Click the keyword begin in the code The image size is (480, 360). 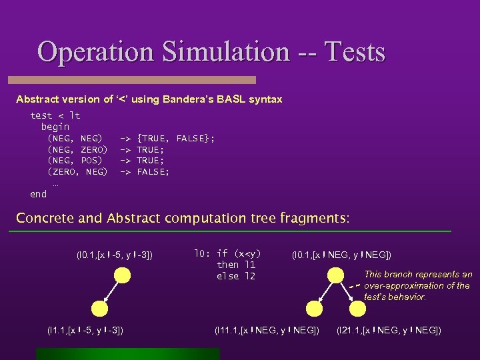55,127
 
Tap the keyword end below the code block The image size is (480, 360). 39,194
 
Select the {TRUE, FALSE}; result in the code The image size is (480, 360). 175,138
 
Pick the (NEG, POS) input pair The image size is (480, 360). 75,161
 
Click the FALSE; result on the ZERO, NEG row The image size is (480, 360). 153,172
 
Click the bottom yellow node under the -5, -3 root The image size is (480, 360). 99,308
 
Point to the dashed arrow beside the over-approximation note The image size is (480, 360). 354,285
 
